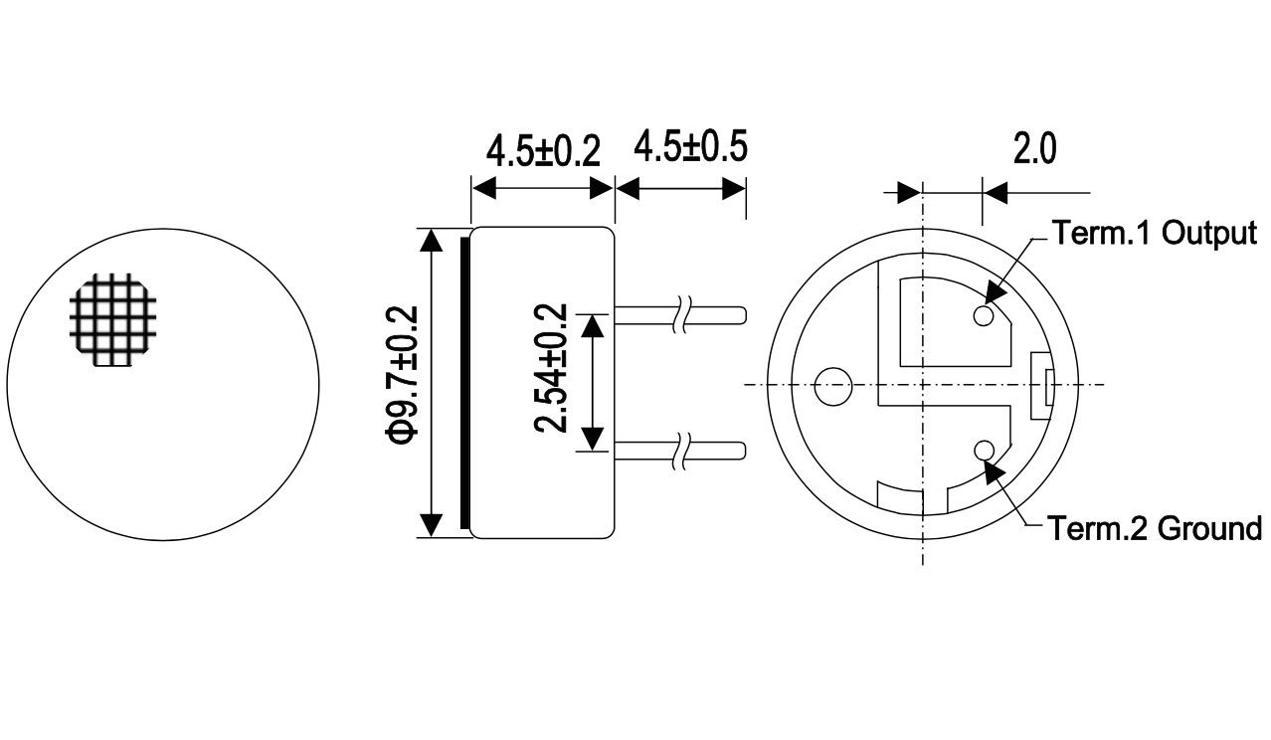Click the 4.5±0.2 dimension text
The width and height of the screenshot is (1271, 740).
[x=543, y=151]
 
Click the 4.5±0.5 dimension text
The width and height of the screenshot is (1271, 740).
[x=690, y=146]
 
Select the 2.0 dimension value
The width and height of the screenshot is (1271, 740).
[x=1035, y=149]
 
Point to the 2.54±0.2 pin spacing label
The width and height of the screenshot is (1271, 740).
[x=551, y=368]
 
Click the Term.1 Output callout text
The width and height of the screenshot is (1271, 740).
[x=1154, y=233]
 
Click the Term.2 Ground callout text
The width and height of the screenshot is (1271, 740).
[x=1154, y=528]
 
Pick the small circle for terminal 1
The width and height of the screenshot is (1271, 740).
[x=984, y=315]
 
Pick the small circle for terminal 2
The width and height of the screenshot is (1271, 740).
[x=984, y=452]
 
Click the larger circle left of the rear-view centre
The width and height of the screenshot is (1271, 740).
[x=833, y=386]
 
